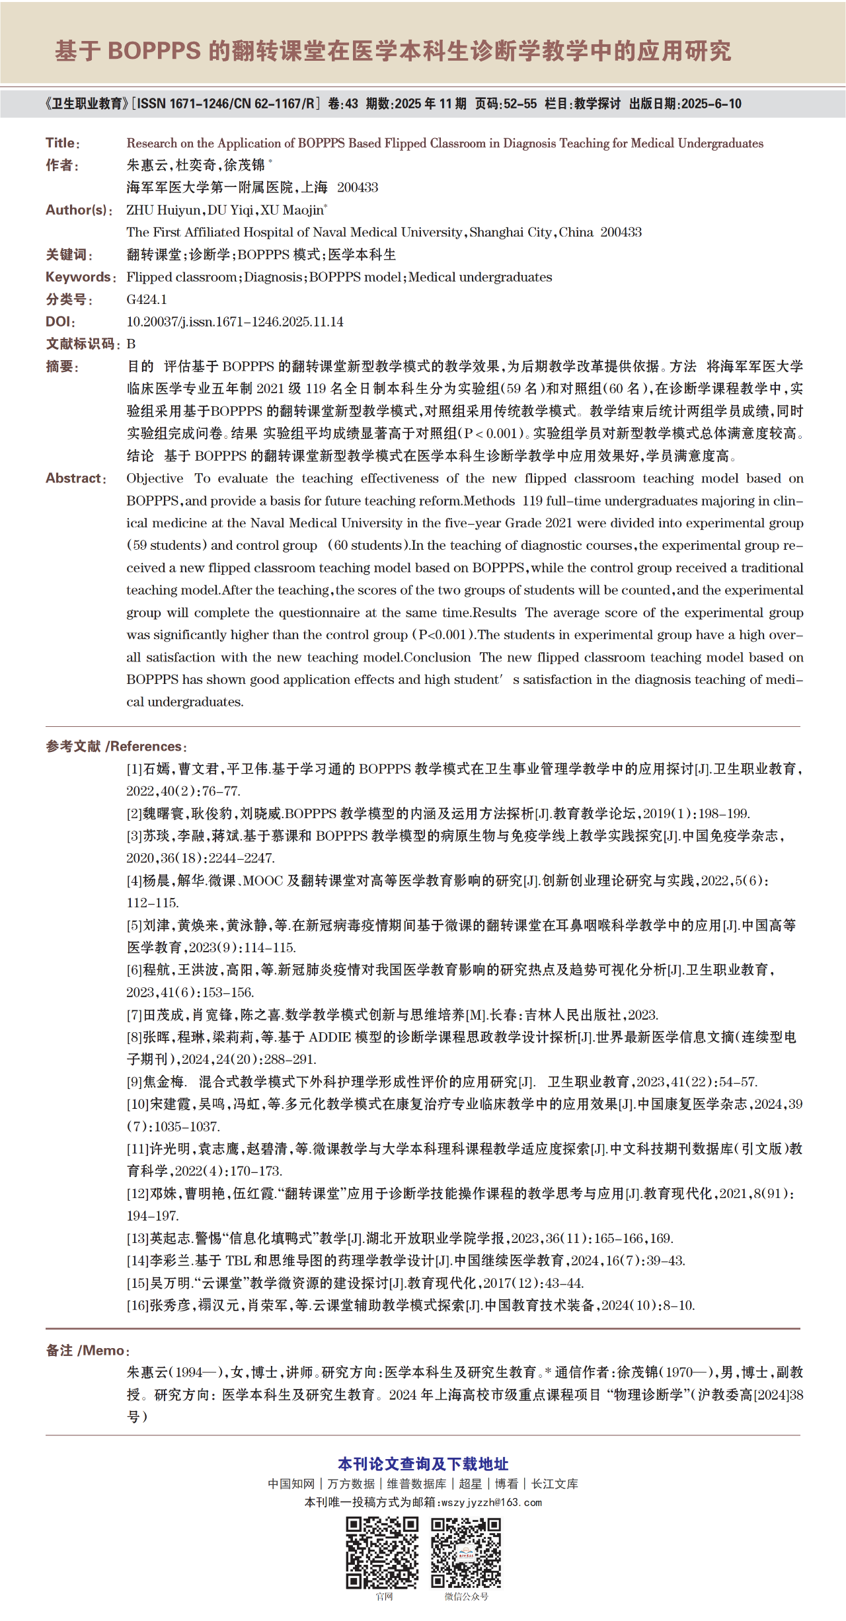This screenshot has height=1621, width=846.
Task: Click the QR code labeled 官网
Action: tap(382, 1552)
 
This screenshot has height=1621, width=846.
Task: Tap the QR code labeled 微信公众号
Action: tap(466, 1552)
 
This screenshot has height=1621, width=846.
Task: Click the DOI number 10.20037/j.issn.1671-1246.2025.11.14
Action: tap(235, 322)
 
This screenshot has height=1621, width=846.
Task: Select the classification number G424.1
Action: tap(147, 299)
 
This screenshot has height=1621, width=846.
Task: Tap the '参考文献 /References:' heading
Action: tap(116, 747)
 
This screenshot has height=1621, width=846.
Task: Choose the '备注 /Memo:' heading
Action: tap(88, 1351)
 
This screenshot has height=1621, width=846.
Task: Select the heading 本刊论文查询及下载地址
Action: tap(423, 1464)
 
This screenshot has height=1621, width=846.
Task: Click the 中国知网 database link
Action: tap(291, 1484)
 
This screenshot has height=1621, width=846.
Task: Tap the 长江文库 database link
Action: tap(555, 1484)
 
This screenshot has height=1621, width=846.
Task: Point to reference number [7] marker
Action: tap(135, 1015)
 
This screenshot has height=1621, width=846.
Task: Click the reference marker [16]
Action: tap(137, 1305)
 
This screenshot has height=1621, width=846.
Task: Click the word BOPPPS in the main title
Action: tap(154, 51)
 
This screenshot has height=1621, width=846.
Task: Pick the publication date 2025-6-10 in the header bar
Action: tap(711, 104)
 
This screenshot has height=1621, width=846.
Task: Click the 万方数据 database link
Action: tap(351, 1484)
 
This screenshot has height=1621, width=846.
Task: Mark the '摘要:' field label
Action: tap(62, 367)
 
